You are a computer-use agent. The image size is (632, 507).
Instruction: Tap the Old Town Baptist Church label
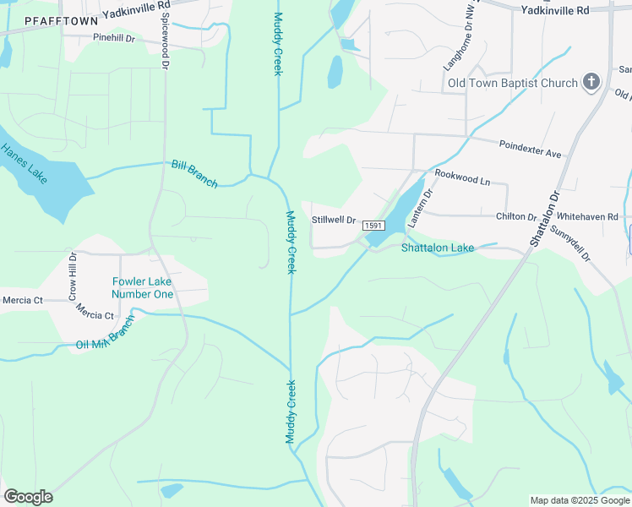(513, 83)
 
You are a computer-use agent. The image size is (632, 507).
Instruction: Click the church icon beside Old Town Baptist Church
(591, 82)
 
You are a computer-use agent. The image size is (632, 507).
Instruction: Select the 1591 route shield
(374, 226)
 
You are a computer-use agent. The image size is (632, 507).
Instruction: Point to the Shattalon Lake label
(438, 248)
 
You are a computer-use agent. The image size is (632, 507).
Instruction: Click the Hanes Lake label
(24, 162)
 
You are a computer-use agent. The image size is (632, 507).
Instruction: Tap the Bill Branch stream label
(194, 173)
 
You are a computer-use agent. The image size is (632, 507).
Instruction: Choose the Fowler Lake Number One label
(143, 288)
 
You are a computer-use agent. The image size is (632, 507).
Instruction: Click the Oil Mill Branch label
(105, 334)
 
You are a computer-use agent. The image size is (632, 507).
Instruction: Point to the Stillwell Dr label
(334, 220)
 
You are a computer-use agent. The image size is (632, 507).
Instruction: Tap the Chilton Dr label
(516, 217)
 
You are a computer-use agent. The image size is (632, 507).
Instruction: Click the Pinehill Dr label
(115, 38)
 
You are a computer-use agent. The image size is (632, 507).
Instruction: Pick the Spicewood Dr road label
(165, 41)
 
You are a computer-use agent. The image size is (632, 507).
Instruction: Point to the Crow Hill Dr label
(73, 276)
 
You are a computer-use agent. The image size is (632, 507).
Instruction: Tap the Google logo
(28, 497)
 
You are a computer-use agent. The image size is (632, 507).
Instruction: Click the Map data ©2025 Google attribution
(580, 500)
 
